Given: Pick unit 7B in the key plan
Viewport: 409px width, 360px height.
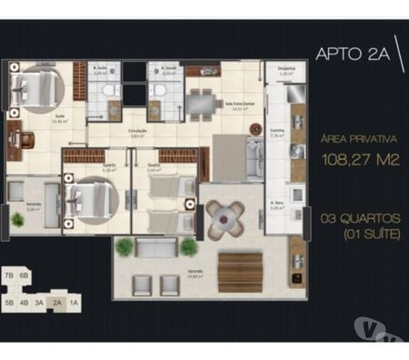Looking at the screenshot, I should click(9, 274).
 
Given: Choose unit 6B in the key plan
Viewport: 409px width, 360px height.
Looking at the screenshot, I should click(25, 274).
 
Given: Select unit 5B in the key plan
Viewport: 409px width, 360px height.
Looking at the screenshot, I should click(9, 304).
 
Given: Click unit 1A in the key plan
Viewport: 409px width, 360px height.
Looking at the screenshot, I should click(74, 304).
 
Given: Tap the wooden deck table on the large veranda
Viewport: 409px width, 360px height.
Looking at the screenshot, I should click(239, 269).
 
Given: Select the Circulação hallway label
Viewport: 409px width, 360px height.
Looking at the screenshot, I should click(137, 133).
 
